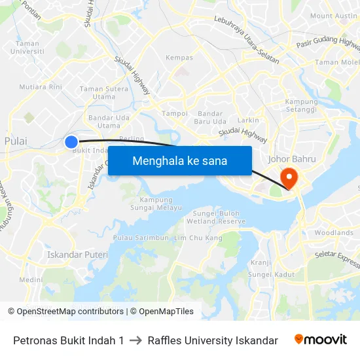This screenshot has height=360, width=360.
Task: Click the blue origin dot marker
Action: point(71,141)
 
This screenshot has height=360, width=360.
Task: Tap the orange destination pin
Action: point(288,177)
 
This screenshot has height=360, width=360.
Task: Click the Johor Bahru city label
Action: point(292,159)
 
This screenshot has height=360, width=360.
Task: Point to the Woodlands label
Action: point(334,232)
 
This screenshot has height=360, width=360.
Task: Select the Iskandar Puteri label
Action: point(77,254)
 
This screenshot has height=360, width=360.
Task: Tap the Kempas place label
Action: point(179,58)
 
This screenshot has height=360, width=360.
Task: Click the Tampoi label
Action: point(175,113)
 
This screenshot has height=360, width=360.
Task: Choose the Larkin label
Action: point(248,120)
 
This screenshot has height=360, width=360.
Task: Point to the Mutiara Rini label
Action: point(41,86)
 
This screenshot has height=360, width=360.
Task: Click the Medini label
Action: point(31,279)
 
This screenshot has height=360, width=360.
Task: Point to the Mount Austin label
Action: point(333,16)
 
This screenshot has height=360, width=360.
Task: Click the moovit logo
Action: point(321,340)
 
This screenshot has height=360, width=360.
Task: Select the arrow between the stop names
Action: point(135,340)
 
